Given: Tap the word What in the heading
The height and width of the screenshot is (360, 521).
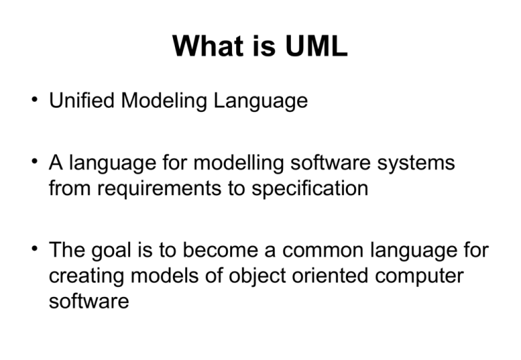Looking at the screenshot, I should tap(204, 46).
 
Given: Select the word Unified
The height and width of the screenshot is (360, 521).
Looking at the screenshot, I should tap(81, 101).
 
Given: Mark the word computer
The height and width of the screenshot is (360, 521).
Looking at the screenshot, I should tap(420, 276).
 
